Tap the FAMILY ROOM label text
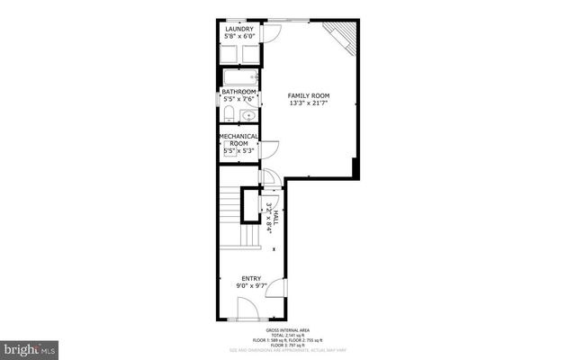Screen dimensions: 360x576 click(x=307, y=94)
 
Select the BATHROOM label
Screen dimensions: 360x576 click(x=239, y=92)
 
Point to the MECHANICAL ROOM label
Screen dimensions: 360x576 click(x=239, y=140)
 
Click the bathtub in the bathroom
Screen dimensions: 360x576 click(x=240, y=77)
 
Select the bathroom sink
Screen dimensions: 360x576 click(x=247, y=115)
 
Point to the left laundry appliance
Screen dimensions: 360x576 click(x=229, y=53)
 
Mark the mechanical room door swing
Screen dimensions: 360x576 click(x=269, y=151)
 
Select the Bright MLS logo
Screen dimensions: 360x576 click(x=31, y=346)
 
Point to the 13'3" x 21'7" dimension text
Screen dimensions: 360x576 click(x=307, y=103)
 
